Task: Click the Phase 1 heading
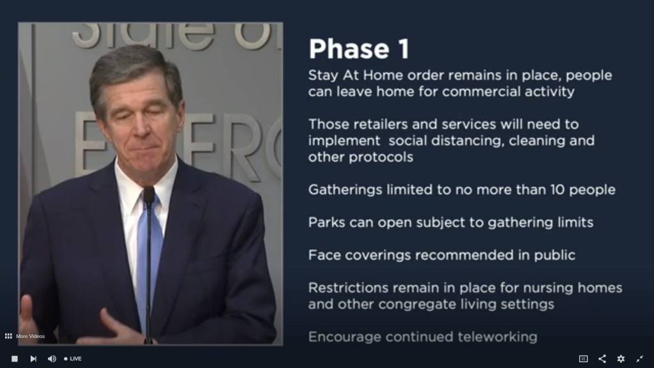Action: point(359,49)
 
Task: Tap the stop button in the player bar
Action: point(15,358)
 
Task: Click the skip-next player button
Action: point(33,358)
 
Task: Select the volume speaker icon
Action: point(52,358)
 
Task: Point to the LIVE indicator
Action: point(73,358)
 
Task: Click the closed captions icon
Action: point(583,358)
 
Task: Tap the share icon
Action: point(602,358)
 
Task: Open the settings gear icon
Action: point(621,358)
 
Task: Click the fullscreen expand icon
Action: point(640,358)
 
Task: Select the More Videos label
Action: point(31,336)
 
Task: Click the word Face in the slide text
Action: point(324,254)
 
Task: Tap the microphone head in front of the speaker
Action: point(149,195)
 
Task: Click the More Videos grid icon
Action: point(8,336)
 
